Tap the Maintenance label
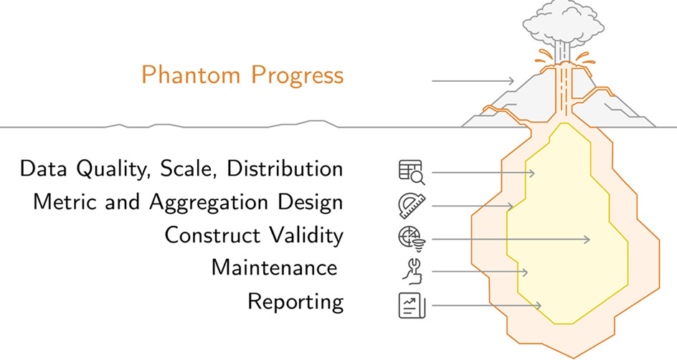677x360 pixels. (x=274, y=268)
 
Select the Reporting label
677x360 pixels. (x=295, y=302)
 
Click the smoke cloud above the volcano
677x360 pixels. (x=564, y=22)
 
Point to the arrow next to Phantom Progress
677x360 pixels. (x=473, y=81)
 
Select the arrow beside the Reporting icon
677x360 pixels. (x=486, y=305)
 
